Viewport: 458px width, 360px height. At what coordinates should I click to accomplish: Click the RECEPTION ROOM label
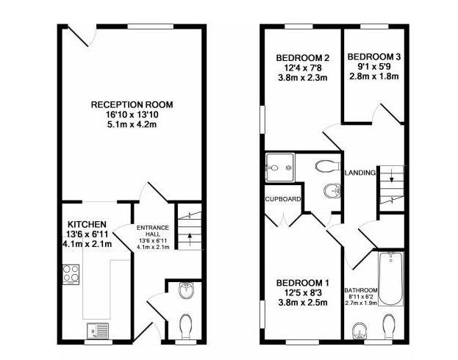(132, 104)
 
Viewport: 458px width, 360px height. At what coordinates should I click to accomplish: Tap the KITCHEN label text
(87, 224)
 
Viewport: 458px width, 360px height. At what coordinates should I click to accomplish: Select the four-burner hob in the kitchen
(71, 274)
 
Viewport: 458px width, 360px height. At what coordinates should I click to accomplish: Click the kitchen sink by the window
(98, 331)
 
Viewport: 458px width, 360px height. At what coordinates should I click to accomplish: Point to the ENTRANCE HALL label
(153, 231)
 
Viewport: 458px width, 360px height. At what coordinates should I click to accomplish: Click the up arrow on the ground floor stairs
(190, 238)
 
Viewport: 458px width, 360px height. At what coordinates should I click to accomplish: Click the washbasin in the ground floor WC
(186, 290)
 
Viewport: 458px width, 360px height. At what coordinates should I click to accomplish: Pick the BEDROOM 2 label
(303, 58)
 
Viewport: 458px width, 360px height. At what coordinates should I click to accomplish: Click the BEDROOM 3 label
(374, 57)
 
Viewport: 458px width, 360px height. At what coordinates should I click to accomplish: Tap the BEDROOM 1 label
(303, 283)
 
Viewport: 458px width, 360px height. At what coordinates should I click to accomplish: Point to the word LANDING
(360, 173)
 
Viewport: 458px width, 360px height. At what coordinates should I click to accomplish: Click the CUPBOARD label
(282, 199)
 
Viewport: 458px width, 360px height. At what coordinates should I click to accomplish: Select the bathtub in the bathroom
(390, 279)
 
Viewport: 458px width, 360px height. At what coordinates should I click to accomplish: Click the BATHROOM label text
(361, 290)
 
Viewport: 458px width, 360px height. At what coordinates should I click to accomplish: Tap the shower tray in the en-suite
(279, 167)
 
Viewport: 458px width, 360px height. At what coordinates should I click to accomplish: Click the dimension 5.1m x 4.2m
(132, 124)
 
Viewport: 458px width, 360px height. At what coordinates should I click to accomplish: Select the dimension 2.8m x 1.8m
(374, 76)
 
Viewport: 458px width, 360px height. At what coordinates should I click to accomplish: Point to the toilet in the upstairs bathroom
(389, 326)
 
